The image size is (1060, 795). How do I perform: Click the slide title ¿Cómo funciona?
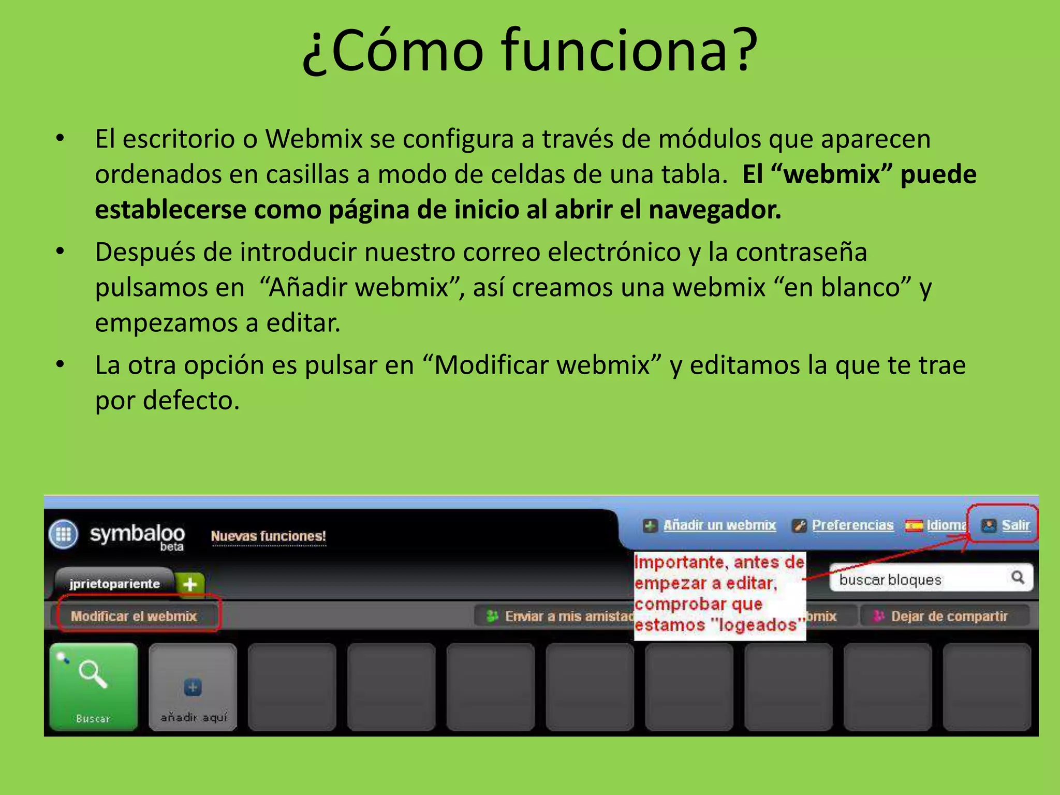coord(530,51)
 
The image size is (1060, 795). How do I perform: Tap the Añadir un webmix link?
coord(719,525)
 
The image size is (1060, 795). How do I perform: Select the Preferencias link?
coord(852,525)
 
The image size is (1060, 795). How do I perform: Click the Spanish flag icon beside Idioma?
coord(914,526)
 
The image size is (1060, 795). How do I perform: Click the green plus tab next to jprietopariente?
coord(190,584)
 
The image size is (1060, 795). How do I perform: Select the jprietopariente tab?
coord(114,584)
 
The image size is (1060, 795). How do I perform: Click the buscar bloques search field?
coord(916,579)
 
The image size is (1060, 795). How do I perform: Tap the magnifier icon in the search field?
coord(1018,577)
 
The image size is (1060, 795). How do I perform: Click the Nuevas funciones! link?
coord(268,536)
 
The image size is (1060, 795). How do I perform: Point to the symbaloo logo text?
coord(137,534)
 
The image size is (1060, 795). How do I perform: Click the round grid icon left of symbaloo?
coord(63,534)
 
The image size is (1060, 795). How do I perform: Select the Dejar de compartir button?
coord(944,616)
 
